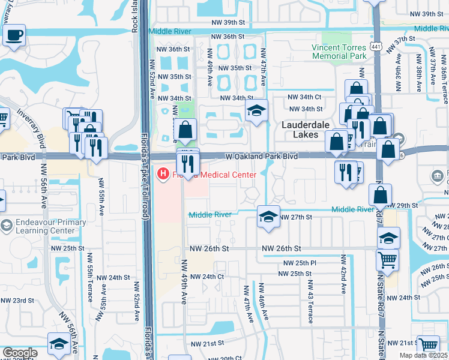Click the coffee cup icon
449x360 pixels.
(x=14, y=35)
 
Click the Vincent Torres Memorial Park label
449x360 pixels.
(x=339, y=52)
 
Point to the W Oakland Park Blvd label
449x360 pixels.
(x=262, y=156)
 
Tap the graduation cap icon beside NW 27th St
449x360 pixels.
(x=268, y=217)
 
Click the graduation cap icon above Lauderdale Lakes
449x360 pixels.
(x=256, y=110)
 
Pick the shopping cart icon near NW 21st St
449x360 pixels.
(x=427, y=346)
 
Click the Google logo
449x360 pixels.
(x=20, y=353)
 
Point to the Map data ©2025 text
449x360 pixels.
(x=423, y=355)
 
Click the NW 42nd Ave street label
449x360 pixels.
(x=343, y=274)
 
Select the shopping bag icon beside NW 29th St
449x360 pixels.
(x=380, y=194)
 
